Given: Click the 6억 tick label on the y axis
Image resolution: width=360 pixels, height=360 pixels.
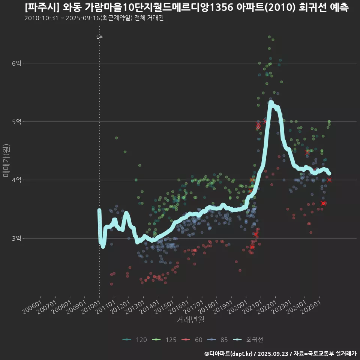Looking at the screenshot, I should point(17,63).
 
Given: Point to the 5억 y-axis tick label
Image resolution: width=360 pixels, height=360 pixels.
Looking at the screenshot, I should point(17,121).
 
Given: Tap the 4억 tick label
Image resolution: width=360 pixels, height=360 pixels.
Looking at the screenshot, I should point(17,180).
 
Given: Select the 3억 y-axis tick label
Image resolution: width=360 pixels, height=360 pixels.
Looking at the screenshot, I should point(17,238).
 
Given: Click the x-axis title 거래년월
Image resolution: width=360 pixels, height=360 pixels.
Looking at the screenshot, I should point(190,320).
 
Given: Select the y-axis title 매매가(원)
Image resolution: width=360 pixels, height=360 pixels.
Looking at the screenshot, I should point(6,160).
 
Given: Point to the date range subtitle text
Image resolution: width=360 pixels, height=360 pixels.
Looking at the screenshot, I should point(94,18).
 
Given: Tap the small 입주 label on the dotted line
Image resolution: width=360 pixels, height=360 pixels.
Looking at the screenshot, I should point(99,37).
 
